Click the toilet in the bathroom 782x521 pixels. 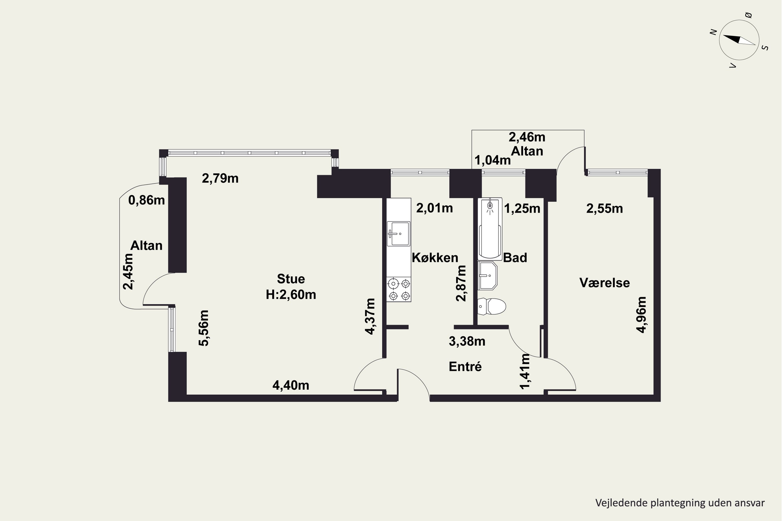click(x=491, y=306)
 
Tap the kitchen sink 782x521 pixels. click(x=398, y=234)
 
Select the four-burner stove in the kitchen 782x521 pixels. click(x=399, y=289)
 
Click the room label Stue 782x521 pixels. click(x=291, y=279)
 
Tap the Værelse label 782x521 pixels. click(x=604, y=283)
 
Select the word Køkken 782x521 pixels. click(x=435, y=258)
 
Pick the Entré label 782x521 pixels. click(x=465, y=367)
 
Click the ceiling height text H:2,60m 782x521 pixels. click(x=291, y=295)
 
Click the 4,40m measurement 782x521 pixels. click(x=291, y=386)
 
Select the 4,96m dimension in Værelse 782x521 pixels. click(x=641, y=315)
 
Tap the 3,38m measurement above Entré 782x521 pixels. click(x=467, y=341)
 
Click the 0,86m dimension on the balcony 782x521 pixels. click(x=146, y=200)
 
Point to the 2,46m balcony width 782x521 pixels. click(x=527, y=137)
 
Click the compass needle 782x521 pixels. click(x=739, y=40)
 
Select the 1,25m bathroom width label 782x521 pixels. click(x=522, y=209)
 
